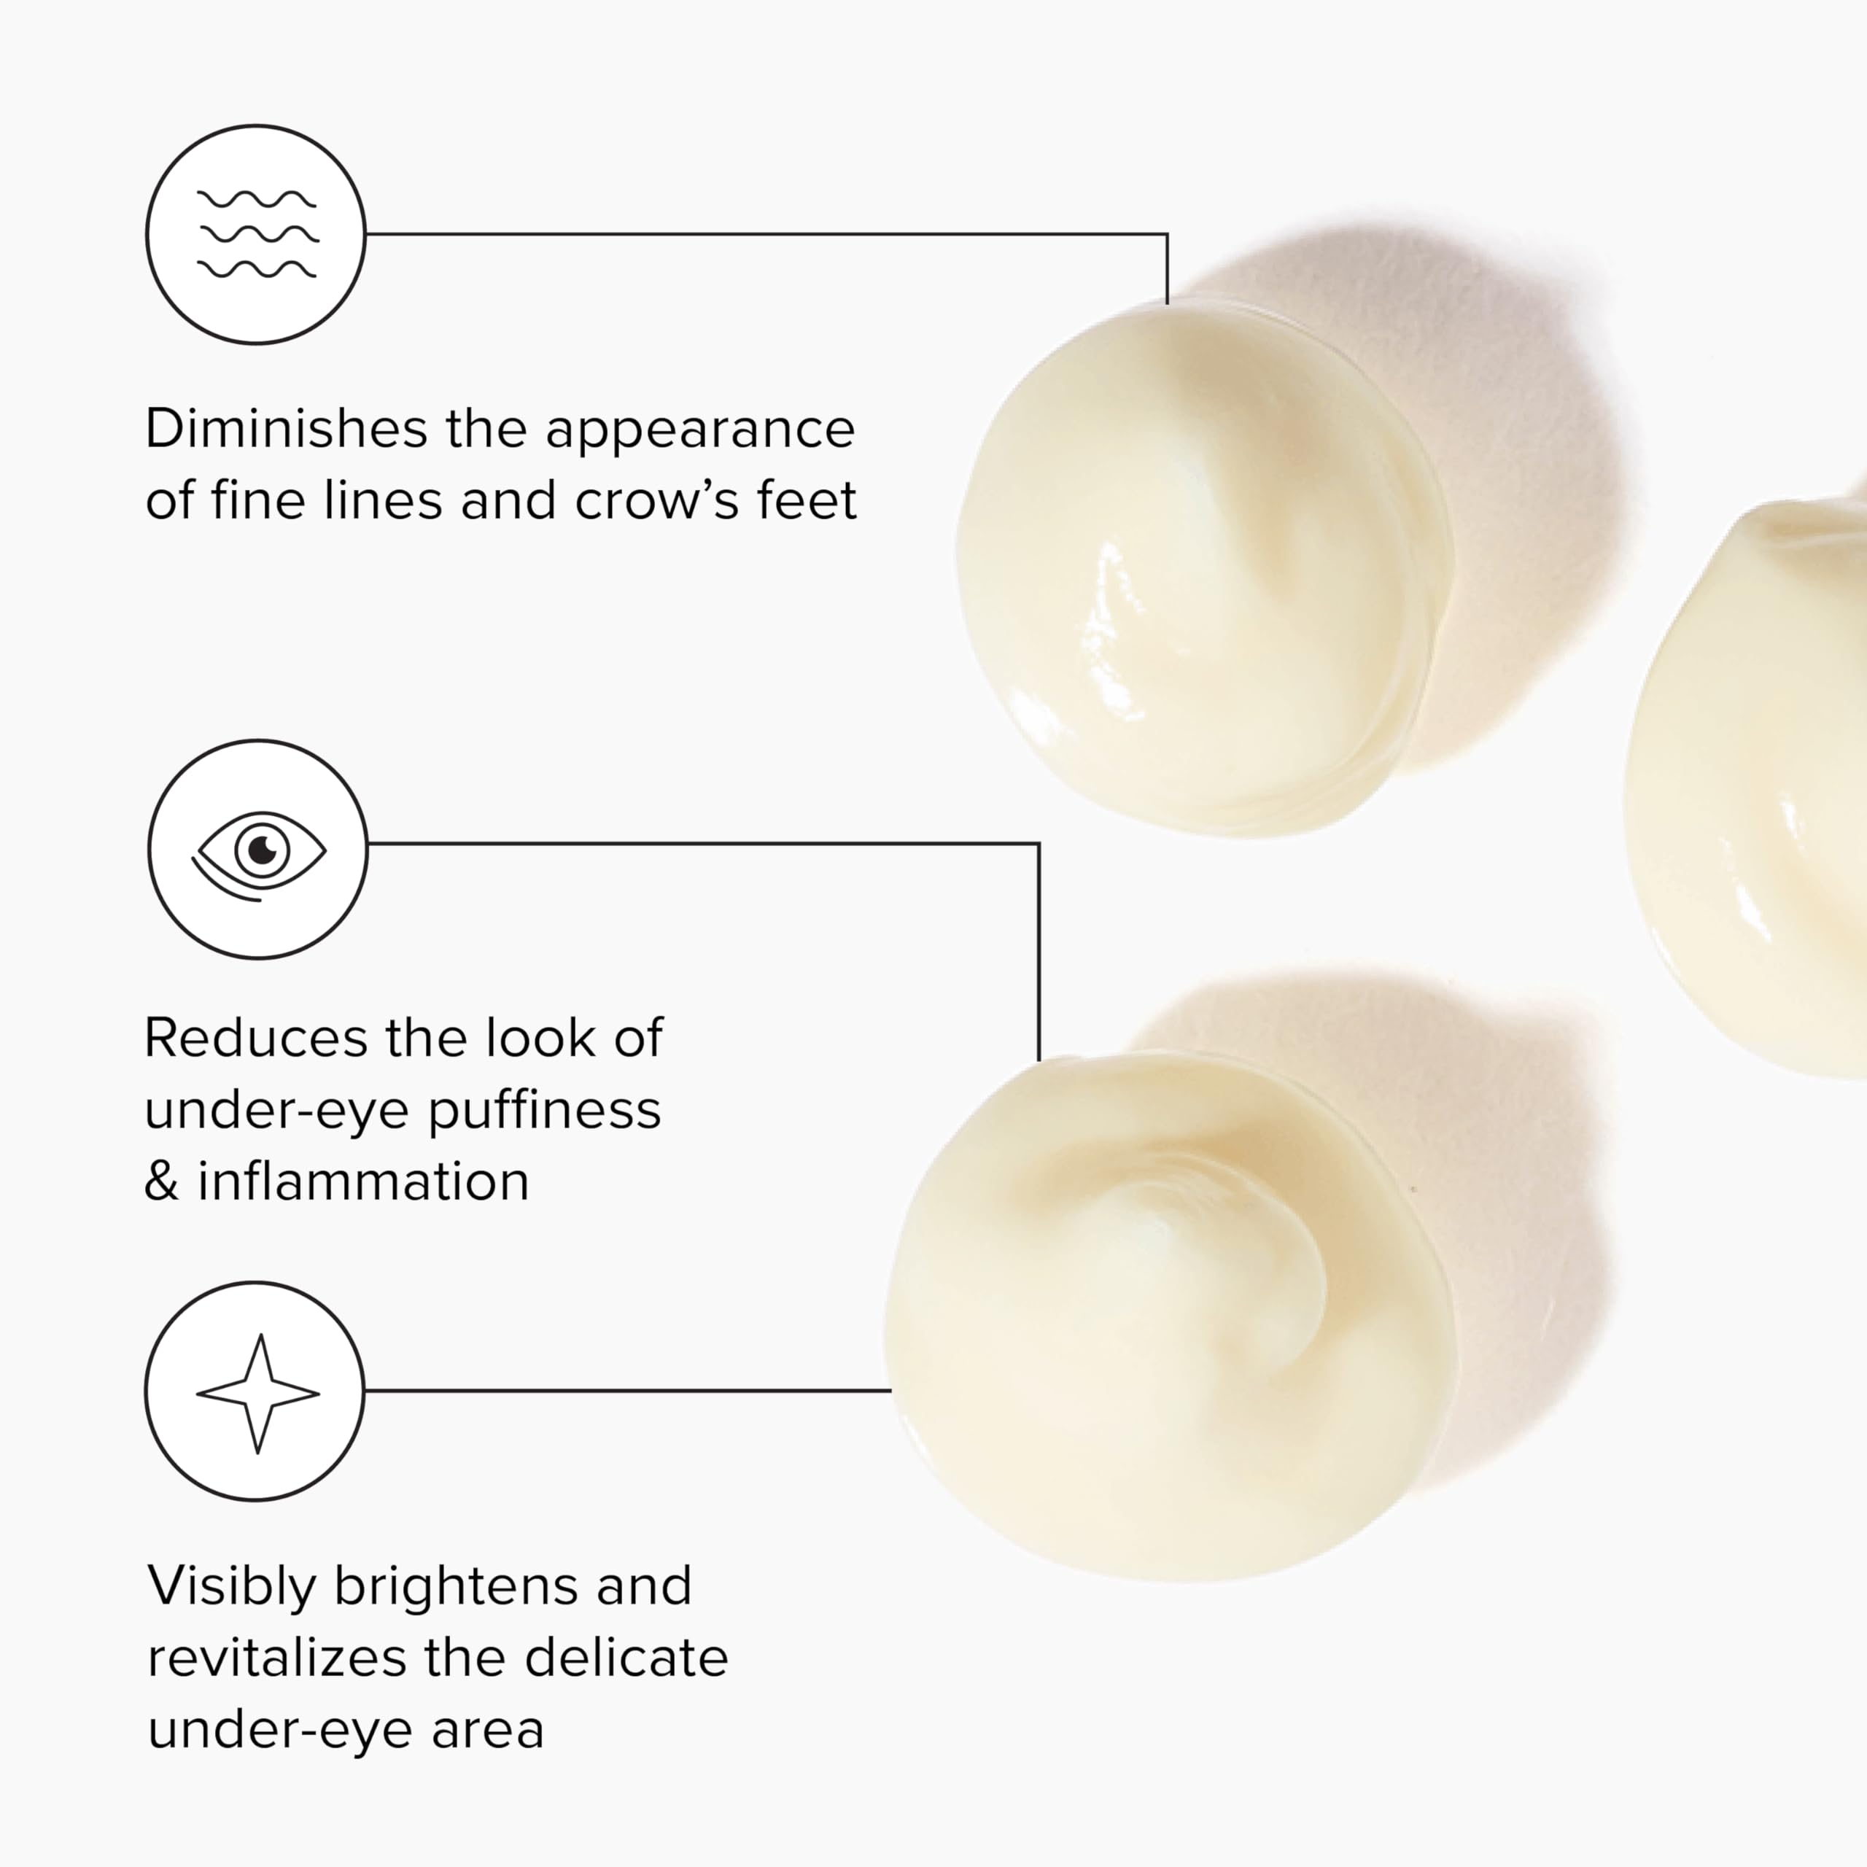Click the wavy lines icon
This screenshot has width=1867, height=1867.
click(x=257, y=235)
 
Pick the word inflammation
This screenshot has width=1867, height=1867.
click(x=363, y=1181)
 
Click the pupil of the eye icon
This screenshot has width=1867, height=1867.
click(x=262, y=850)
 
